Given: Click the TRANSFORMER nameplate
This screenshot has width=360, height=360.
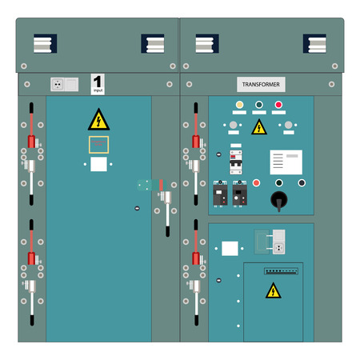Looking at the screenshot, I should (261, 84).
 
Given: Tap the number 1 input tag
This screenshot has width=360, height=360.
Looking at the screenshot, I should (98, 83).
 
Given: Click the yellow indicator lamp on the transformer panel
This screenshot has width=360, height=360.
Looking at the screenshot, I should (238, 105).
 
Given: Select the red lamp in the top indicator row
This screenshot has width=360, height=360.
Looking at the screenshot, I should (278, 105).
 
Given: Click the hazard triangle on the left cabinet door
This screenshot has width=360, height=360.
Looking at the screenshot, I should (98, 121).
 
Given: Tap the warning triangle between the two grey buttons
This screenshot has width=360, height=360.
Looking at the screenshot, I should (258, 127).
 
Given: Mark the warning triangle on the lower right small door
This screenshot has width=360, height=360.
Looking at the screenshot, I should (274, 291).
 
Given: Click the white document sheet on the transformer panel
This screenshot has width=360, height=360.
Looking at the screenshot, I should (286, 162).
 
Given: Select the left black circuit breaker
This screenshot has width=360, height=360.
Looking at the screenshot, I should (220, 194).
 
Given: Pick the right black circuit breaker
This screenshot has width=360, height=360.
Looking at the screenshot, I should (239, 194).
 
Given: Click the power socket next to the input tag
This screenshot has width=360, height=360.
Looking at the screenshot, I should (58, 82).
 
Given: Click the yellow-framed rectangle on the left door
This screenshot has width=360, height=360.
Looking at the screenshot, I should (98, 144).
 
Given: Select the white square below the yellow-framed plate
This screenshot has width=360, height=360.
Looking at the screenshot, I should (98, 165).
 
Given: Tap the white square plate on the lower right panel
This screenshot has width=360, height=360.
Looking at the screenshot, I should (230, 248).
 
